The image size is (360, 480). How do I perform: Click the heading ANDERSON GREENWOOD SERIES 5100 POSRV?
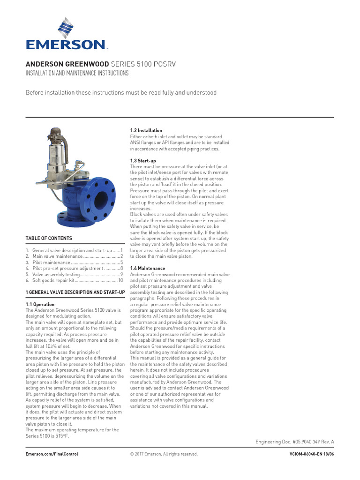100,64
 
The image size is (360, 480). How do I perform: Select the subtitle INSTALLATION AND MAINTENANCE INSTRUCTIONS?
76,74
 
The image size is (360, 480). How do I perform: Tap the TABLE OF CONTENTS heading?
49,238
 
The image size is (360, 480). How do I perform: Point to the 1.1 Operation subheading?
40,305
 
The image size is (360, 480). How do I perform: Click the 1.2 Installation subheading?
146,130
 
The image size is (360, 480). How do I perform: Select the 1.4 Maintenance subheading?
147,269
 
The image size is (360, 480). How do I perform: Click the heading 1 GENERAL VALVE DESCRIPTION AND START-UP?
75,292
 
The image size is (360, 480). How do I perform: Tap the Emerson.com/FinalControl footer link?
52,454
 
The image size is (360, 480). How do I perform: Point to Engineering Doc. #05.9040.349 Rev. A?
294,442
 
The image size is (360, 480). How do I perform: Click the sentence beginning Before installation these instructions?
121,93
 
